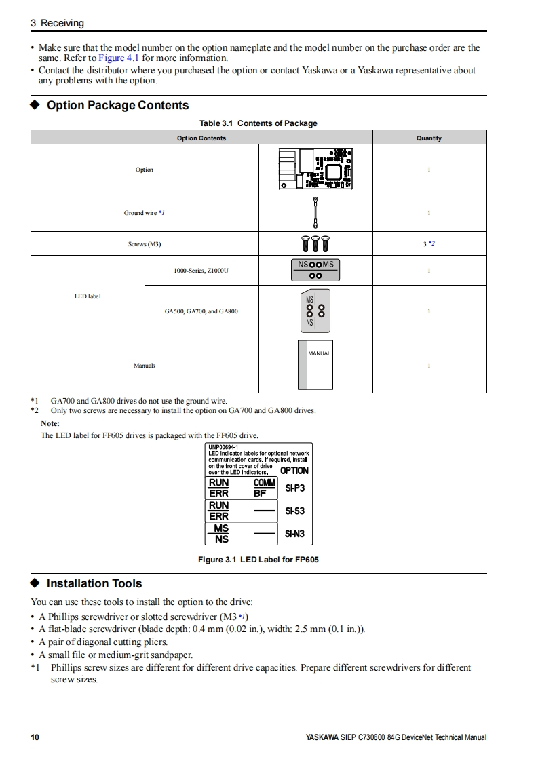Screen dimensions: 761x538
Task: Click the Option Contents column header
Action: coord(201,138)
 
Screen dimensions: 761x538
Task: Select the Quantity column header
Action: coord(429,138)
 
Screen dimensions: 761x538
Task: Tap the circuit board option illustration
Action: coord(315,168)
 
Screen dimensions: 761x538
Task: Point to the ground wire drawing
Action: coord(315,212)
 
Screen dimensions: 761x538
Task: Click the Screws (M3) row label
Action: coord(145,243)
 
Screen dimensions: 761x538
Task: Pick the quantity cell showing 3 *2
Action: coord(429,243)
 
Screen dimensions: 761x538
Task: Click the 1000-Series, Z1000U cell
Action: coord(201,271)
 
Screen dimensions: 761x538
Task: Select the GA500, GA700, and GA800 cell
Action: coord(201,311)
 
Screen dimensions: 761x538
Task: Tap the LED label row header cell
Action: coord(88,296)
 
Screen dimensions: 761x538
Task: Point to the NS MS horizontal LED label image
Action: coord(315,269)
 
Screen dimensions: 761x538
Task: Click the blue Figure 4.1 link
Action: coord(119,58)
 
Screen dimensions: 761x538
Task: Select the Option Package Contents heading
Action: coord(117,106)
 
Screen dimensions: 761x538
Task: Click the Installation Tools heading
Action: coord(94,583)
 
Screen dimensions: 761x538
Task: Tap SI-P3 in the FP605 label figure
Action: coord(295,488)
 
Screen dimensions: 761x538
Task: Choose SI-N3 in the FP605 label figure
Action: coord(295,534)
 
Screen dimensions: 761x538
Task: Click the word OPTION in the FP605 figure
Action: coord(294,471)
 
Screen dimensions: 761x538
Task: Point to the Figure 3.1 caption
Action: coord(258,560)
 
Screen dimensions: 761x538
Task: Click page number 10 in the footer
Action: coord(35,737)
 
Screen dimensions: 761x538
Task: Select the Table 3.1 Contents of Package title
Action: coord(258,123)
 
